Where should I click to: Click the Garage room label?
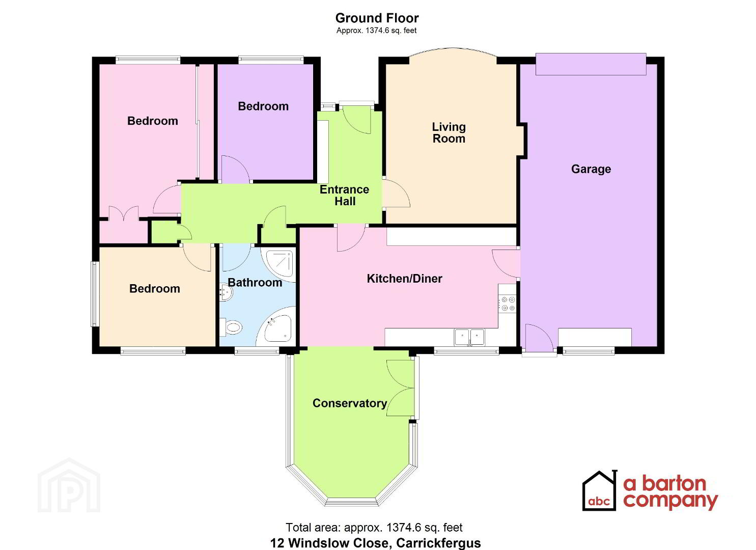[x=591, y=169]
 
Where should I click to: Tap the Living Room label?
[x=449, y=133]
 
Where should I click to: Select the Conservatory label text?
[x=350, y=403]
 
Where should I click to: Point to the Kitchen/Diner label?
[x=404, y=279]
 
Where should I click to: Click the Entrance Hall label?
[x=345, y=196]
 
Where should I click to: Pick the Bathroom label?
[x=255, y=283]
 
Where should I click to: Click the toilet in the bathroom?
[x=231, y=326]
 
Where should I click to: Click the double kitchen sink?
[x=469, y=337]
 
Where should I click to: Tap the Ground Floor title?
[x=377, y=18]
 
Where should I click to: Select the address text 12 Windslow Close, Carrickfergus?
[x=376, y=543]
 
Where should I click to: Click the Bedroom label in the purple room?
[x=263, y=106]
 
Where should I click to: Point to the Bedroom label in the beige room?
[x=155, y=289]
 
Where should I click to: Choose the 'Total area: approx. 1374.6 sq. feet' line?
[x=374, y=527]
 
